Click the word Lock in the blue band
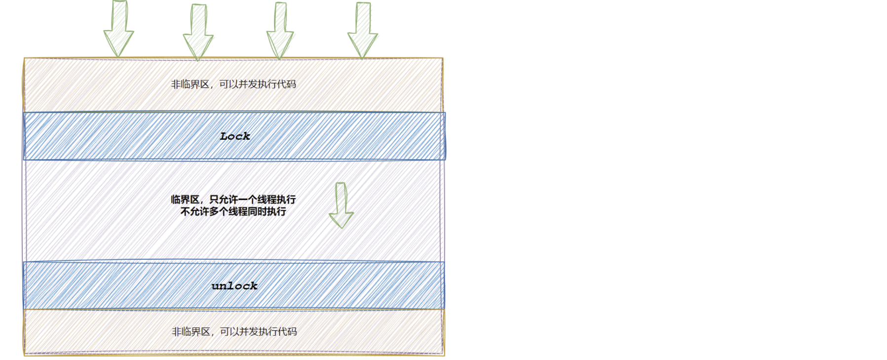pos(235,136)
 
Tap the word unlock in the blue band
pos(234,286)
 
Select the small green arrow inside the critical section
pos(341,205)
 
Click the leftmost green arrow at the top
pos(119,29)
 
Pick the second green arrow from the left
pos(198,32)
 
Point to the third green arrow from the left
pos(280,31)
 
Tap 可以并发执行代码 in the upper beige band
pos(258,84)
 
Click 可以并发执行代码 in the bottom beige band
pos(259,332)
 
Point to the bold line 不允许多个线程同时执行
pos(233,212)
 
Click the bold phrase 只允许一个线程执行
pos(253,200)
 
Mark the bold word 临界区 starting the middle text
pos(185,200)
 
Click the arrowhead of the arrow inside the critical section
pos(341,219)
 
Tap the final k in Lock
pos(246,136)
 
